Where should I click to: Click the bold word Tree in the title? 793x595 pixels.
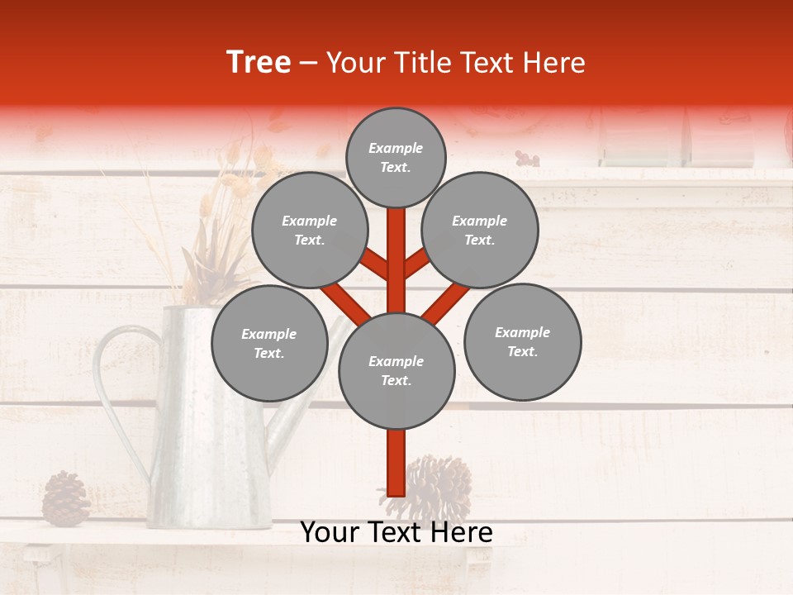tap(259, 63)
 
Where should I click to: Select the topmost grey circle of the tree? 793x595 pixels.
tap(396, 157)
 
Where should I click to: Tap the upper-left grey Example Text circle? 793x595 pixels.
tap(309, 230)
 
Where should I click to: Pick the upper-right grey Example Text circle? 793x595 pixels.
tap(480, 230)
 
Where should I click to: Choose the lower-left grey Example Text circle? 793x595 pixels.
tap(269, 343)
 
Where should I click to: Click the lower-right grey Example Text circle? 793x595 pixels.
tap(522, 341)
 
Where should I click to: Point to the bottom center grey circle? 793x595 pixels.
tap(396, 371)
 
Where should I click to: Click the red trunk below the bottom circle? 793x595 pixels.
tap(396, 463)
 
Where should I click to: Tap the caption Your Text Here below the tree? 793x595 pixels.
tap(396, 533)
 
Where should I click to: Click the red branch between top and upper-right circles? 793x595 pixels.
tap(417, 264)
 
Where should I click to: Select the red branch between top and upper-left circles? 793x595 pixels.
tap(375, 264)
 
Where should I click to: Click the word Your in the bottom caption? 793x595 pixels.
tap(331, 533)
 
